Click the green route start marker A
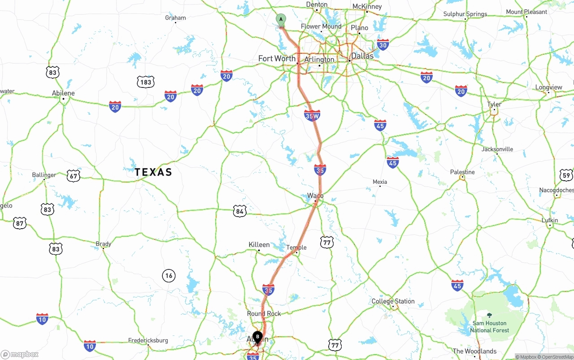[x=281, y=20]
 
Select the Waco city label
[x=315, y=196]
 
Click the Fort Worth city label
[x=277, y=59]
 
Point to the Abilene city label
[x=63, y=93]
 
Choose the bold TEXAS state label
[x=153, y=172]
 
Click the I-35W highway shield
[x=312, y=116]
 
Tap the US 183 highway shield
[x=146, y=82]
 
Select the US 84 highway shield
[x=240, y=211]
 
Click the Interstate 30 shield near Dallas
[x=383, y=44]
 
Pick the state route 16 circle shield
[x=169, y=276]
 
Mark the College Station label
[x=393, y=301]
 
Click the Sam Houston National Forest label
[x=489, y=326]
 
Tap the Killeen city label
[x=259, y=245]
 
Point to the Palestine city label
[x=462, y=172]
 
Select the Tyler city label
[x=494, y=104]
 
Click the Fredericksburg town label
[x=148, y=340]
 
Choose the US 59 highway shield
[x=566, y=175]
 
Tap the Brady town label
[x=103, y=244]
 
